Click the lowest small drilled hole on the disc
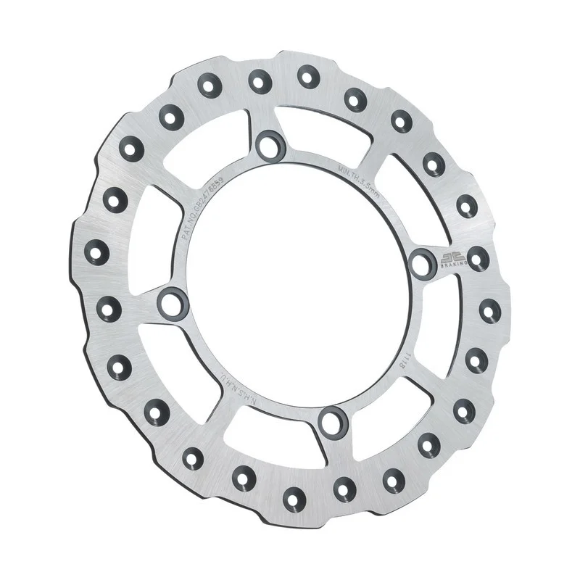[293, 497]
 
